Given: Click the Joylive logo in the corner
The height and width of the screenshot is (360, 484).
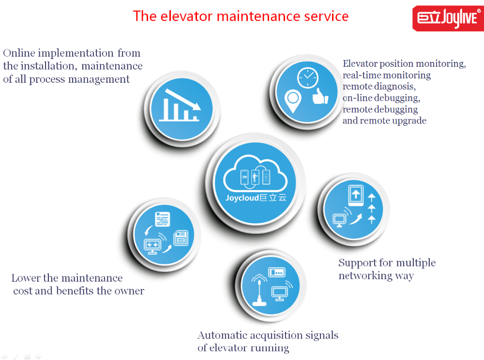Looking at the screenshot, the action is (x=448, y=18).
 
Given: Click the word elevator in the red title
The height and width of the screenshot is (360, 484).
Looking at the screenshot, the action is (x=186, y=16).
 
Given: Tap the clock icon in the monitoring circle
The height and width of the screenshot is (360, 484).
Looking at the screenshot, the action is (x=308, y=78).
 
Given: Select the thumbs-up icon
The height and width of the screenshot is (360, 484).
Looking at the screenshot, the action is (x=320, y=96).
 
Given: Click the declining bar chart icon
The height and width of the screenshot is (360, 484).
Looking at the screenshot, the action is (x=180, y=105).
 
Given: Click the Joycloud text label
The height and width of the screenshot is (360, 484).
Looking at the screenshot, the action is (x=256, y=198).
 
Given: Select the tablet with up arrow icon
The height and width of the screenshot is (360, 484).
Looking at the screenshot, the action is (x=356, y=195).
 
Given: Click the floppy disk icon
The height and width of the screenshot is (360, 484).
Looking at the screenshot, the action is (x=181, y=238).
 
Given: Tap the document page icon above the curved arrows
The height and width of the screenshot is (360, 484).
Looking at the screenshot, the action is (x=163, y=219).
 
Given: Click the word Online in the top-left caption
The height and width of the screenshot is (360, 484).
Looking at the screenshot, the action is (x=19, y=53).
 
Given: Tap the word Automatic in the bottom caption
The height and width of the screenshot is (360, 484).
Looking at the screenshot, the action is (x=222, y=335).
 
